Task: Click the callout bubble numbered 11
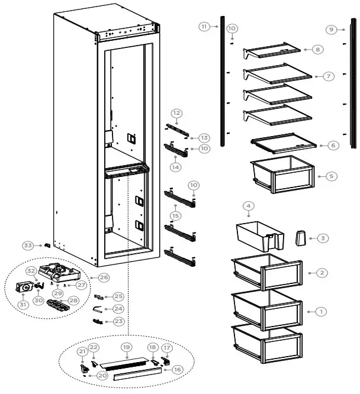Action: point(204,27)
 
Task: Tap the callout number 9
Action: point(332,29)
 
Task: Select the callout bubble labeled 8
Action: point(318,50)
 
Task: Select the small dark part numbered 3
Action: point(300,238)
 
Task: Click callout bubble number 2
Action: point(322,273)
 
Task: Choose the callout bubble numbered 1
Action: point(322,311)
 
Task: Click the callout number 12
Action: point(176,112)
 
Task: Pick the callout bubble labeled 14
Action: point(175,167)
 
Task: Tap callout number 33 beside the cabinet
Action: point(28,246)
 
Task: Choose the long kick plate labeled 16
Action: point(136,374)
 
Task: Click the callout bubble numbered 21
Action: point(82,351)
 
